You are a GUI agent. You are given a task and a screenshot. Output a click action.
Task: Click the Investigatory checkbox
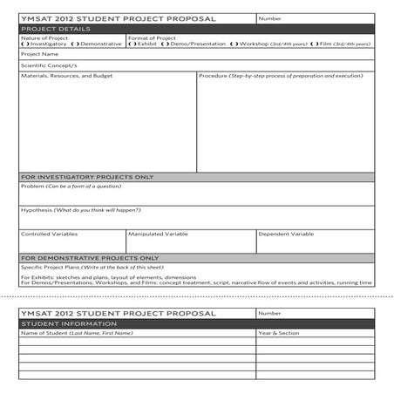24,44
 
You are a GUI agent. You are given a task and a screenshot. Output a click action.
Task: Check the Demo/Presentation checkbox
167,44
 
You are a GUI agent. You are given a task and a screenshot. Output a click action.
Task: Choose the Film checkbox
316,44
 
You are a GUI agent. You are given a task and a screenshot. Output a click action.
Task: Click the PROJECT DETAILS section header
55,29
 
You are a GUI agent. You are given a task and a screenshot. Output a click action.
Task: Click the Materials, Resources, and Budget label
66,76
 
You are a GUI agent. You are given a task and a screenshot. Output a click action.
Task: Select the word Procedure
213,76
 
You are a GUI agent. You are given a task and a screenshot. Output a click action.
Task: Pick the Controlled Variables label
49,234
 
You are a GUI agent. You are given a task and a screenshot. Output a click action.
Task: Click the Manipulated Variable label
158,234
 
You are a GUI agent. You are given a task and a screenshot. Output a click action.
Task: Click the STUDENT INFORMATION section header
62,323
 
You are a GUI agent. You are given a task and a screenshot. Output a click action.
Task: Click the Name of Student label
44,333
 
